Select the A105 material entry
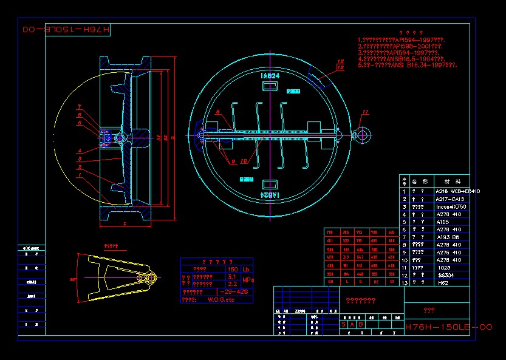coord(442,222)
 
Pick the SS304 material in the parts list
coord(445,275)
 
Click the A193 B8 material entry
coord(446,237)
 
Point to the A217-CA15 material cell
coord(450,199)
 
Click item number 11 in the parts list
coord(405,267)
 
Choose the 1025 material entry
coord(443,267)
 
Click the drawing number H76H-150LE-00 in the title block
coord(448,327)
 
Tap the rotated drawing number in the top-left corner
coord(66,30)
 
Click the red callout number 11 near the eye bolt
coord(365,112)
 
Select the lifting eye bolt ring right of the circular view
coord(362,135)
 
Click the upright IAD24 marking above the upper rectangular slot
coord(270,76)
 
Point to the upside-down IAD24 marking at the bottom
coord(270,195)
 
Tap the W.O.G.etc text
coord(221,299)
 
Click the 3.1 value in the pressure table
coord(231,276)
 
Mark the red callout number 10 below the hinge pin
coord(242,161)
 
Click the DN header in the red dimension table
coord(330,282)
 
